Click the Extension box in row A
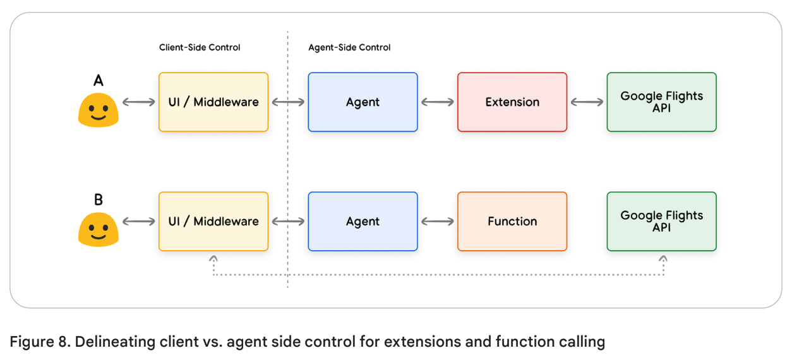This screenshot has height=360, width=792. click(x=512, y=102)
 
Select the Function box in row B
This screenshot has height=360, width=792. click(x=512, y=221)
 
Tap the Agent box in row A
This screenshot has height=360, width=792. click(x=363, y=102)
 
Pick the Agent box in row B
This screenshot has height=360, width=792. click(x=363, y=221)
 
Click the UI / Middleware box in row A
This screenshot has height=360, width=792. click(x=213, y=102)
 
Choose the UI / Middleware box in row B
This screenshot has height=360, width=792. click(x=213, y=221)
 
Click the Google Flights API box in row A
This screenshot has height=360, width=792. click(x=661, y=102)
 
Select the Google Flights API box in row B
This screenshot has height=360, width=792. click(x=661, y=221)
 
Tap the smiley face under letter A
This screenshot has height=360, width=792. click(x=98, y=111)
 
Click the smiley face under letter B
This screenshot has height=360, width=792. click(x=98, y=229)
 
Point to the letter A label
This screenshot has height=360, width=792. click(x=98, y=80)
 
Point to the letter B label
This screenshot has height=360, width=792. click(x=98, y=200)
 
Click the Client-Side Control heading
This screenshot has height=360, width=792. click(x=200, y=47)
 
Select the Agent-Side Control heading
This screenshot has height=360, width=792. click(x=349, y=47)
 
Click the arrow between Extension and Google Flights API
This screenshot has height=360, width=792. click(x=587, y=102)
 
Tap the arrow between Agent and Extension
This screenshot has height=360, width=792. click(x=437, y=102)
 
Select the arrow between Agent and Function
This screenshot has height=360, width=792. click(x=437, y=221)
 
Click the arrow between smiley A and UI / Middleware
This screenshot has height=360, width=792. click(x=138, y=102)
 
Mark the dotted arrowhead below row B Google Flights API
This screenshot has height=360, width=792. click(x=663, y=258)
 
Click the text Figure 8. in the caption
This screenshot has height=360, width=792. click(x=39, y=342)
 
